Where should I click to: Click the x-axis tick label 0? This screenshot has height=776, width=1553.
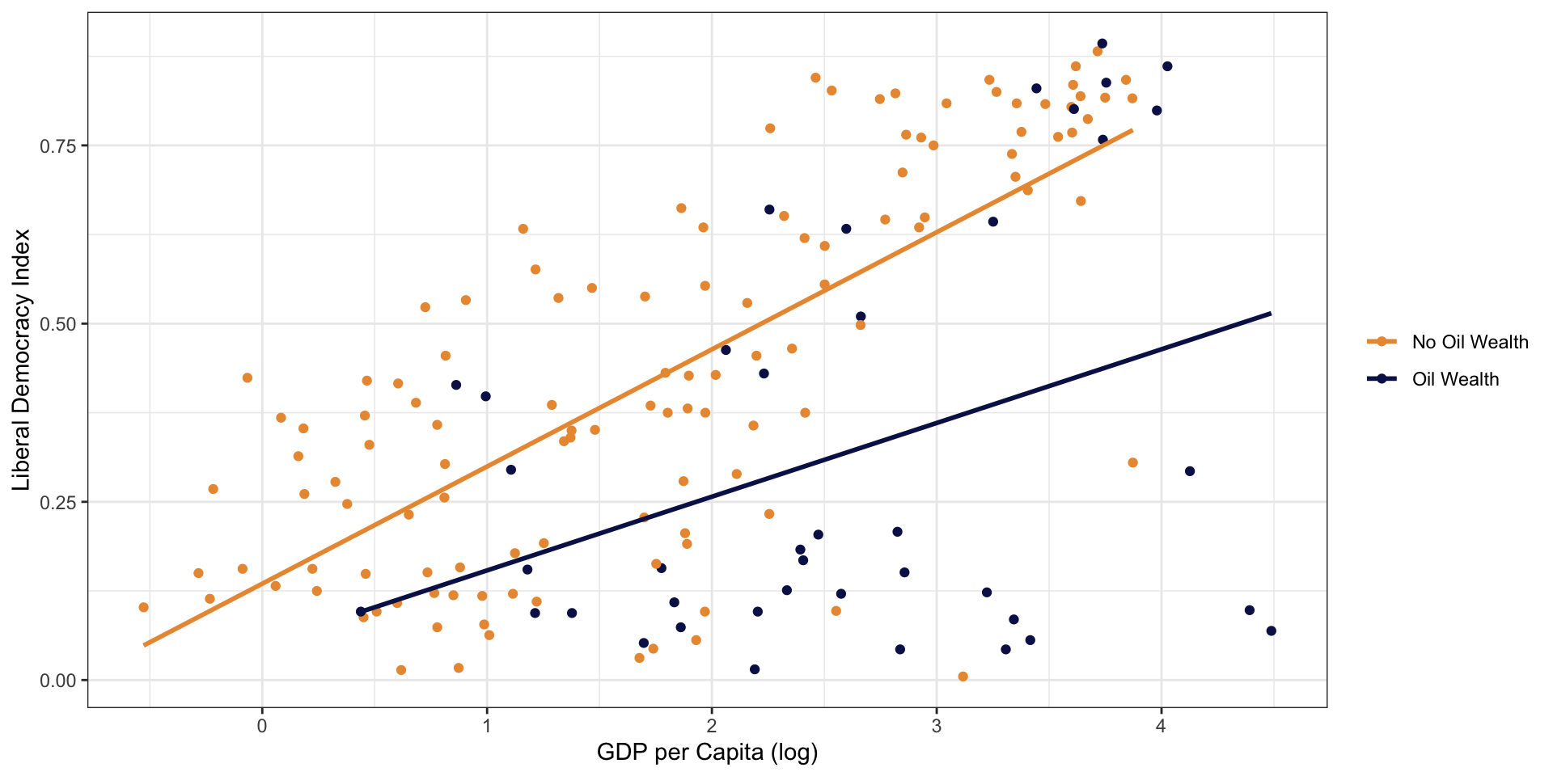[x=262, y=727]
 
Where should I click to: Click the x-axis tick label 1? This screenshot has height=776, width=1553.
[x=487, y=727]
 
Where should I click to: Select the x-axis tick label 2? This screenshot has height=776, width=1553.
[x=712, y=727]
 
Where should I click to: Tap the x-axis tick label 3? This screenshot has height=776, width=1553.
[x=937, y=727]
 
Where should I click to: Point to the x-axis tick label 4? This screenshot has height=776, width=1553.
[x=1161, y=727]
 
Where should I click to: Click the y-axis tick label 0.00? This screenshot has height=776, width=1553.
[x=57, y=681]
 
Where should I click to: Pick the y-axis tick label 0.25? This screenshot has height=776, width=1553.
[x=57, y=502]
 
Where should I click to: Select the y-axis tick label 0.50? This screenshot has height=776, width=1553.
[x=57, y=324]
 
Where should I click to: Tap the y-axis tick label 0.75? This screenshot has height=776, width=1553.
[x=57, y=145]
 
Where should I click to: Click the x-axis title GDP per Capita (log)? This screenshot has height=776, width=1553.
[x=707, y=753]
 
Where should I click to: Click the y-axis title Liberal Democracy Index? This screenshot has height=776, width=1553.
[x=22, y=360]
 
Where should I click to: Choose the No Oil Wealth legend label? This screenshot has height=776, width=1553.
[x=1470, y=342]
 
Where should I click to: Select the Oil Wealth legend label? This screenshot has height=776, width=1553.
[x=1455, y=379]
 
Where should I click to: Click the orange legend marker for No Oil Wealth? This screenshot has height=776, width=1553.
[x=1382, y=342]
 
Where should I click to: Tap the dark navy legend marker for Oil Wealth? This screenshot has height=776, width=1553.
[x=1382, y=379]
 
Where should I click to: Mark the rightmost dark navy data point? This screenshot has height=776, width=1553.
[x=1271, y=630]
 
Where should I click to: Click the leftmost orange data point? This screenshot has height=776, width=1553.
[x=143, y=607]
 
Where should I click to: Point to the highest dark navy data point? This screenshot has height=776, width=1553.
[x=1102, y=44]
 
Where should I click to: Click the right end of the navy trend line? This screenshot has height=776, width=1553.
[x=1271, y=313]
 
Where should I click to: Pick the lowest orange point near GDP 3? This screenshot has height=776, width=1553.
[x=963, y=677]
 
